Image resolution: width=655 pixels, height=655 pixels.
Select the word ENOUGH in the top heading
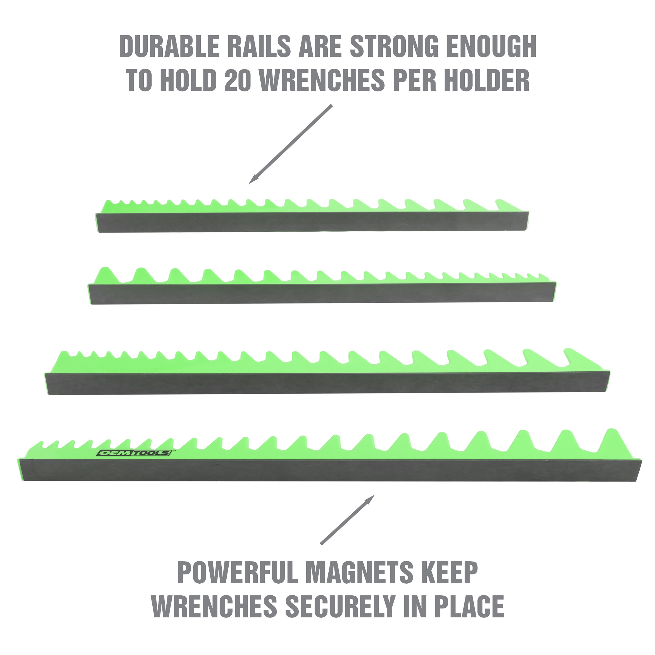pos(491,47)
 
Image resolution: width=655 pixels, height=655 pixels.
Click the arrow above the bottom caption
pos(348,520)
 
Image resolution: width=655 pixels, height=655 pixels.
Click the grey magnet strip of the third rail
pos(327,383)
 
